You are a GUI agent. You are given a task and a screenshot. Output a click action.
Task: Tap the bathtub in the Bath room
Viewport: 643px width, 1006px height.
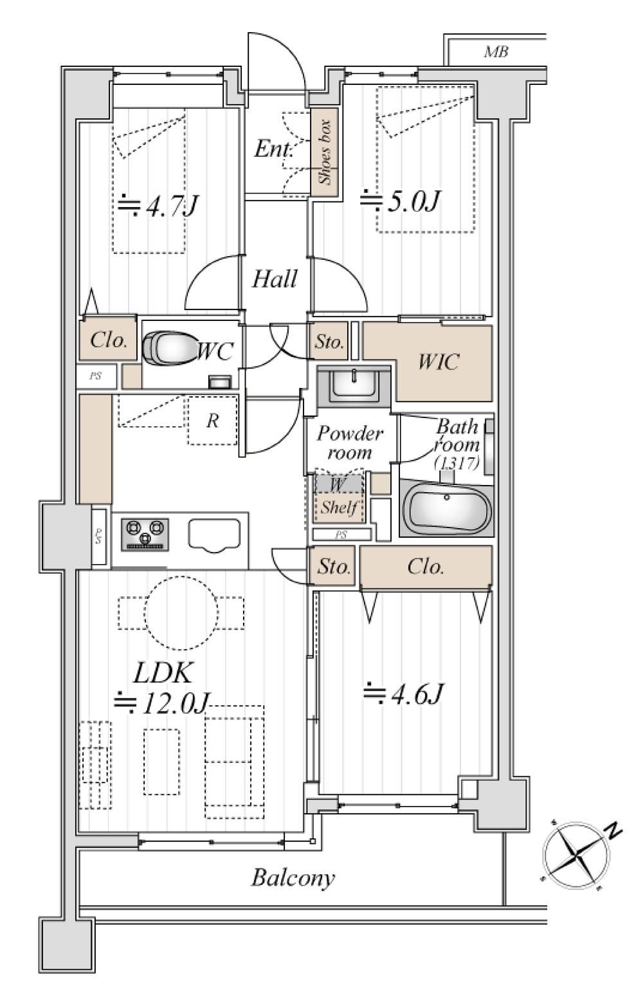tap(447, 508)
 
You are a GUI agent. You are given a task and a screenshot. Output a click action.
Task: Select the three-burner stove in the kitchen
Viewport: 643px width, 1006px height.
tap(145, 534)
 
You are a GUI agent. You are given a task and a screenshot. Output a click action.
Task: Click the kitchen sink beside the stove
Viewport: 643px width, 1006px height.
tap(214, 535)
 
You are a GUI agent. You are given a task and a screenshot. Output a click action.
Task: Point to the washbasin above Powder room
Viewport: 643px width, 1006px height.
tap(353, 385)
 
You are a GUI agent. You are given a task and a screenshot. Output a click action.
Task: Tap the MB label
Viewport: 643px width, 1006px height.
tap(496, 52)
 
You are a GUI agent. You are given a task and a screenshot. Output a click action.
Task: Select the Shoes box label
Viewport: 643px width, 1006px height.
tap(325, 152)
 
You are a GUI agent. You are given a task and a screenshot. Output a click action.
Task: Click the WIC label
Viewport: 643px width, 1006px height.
tap(439, 361)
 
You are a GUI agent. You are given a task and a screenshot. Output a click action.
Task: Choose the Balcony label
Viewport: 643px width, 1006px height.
tap(293, 878)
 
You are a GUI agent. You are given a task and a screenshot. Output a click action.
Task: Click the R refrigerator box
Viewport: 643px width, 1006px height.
tap(212, 421)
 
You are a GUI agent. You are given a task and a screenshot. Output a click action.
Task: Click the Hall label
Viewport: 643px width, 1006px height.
tap(275, 279)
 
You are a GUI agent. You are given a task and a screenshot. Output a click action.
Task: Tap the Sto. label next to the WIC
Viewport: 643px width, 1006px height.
tap(329, 342)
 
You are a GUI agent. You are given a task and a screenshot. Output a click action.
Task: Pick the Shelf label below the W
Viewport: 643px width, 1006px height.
tap(339, 508)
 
